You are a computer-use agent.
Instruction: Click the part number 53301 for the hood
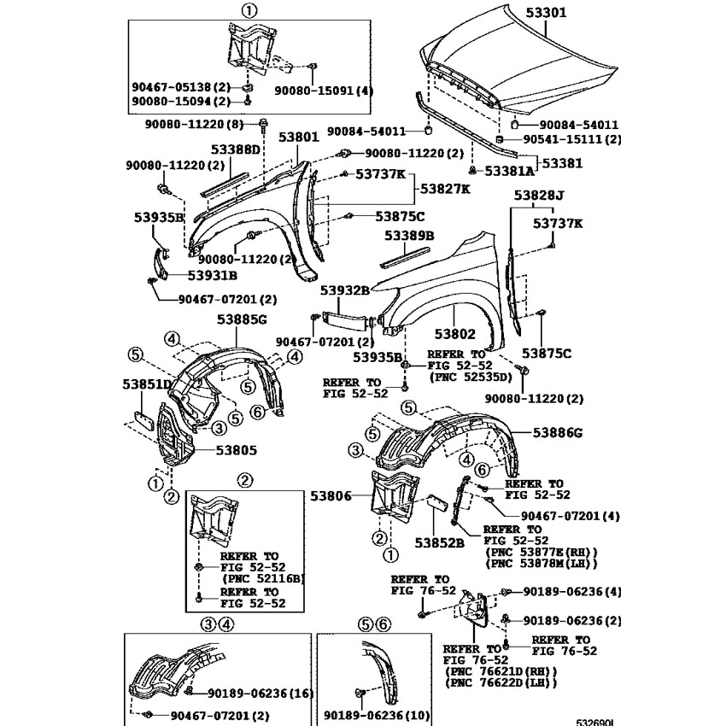pyautogui.click(x=546, y=13)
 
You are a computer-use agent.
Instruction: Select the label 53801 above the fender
pyautogui.click(x=299, y=137)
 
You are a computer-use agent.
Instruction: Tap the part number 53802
pyautogui.click(x=454, y=334)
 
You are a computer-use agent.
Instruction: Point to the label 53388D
pyautogui.click(x=236, y=149)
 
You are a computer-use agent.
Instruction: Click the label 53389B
pyautogui.click(x=409, y=236)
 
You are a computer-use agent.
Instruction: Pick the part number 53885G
pyautogui.click(x=243, y=319)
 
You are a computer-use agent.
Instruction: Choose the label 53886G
pyautogui.click(x=558, y=433)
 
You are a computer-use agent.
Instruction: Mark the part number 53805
pyautogui.click(x=236, y=450)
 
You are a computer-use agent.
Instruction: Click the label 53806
pyautogui.click(x=331, y=496)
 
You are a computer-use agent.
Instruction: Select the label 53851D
pyautogui.click(x=147, y=384)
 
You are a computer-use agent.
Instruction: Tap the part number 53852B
pyautogui.click(x=439, y=542)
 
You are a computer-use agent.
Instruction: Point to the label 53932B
pyautogui.click(x=345, y=290)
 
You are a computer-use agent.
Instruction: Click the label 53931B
pyautogui.click(x=213, y=276)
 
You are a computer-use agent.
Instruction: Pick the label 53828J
pyautogui.click(x=539, y=196)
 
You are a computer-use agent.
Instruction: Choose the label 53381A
pyautogui.click(x=509, y=172)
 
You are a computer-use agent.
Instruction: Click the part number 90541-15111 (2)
pyautogui.click(x=572, y=139)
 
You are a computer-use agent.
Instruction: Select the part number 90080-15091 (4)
pyautogui.click(x=324, y=91)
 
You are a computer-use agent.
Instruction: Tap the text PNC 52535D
pyautogui.click(x=471, y=377)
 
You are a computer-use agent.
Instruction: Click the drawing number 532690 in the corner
pyautogui.click(x=594, y=723)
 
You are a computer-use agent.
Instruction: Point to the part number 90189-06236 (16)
pyautogui.click(x=261, y=694)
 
